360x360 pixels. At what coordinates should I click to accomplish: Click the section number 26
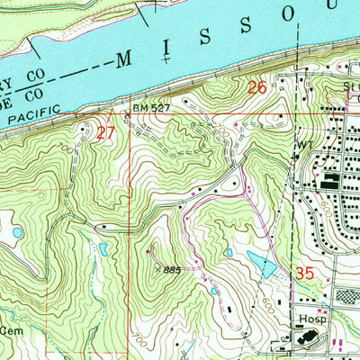coord(257,87)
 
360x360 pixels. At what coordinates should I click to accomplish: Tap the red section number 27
coord(105,132)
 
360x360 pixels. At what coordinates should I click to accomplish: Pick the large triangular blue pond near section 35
coord(261,264)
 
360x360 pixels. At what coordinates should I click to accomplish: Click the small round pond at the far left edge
coord(18,232)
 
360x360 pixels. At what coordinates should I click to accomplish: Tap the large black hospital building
coord(309,339)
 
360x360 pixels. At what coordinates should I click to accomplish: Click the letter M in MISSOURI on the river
coord(123,61)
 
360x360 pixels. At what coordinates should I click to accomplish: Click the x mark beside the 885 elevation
coord(158,268)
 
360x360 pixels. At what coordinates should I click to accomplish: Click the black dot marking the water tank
coord(295,154)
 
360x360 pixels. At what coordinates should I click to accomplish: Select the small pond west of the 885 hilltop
coord(103,247)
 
